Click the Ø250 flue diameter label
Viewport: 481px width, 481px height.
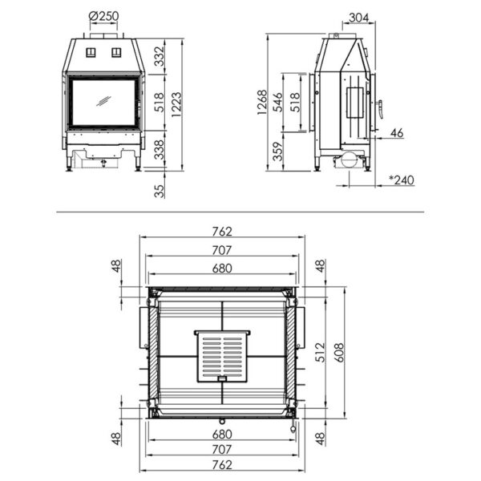click(105, 17)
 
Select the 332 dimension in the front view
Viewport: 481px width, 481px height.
click(160, 57)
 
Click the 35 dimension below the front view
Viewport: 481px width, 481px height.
click(160, 191)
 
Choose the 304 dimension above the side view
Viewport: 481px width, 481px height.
click(361, 17)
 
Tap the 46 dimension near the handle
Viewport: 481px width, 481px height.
click(396, 132)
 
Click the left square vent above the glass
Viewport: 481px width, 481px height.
click(91, 53)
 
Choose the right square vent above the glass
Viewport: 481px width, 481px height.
click(116, 53)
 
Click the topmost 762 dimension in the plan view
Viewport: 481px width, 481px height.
click(222, 232)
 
